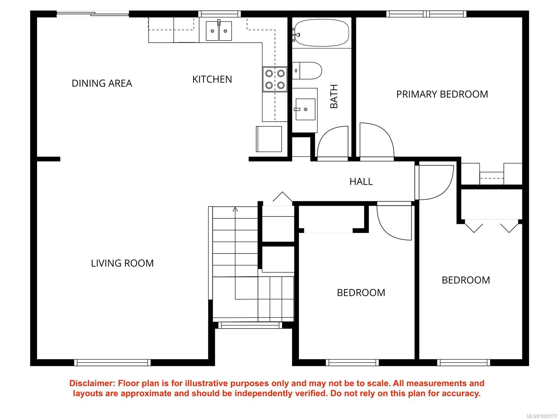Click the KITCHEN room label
[x=212, y=79]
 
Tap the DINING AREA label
[x=102, y=83]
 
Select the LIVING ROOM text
[x=122, y=263]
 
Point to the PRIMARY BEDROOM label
[x=442, y=94]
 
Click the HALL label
[x=361, y=181]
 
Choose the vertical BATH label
[x=334, y=96]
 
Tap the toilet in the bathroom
[x=307, y=71]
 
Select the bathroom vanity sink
[x=305, y=109]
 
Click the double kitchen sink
[x=219, y=31]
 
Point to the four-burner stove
[x=275, y=79]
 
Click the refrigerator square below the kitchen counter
[x=269, y=139]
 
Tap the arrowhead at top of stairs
[x=235, y=209]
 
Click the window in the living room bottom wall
[x=112, y=362]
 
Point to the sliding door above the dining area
[x=93, y=14]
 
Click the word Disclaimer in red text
[x=92, y=383]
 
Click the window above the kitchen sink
[x=219, y=14]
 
